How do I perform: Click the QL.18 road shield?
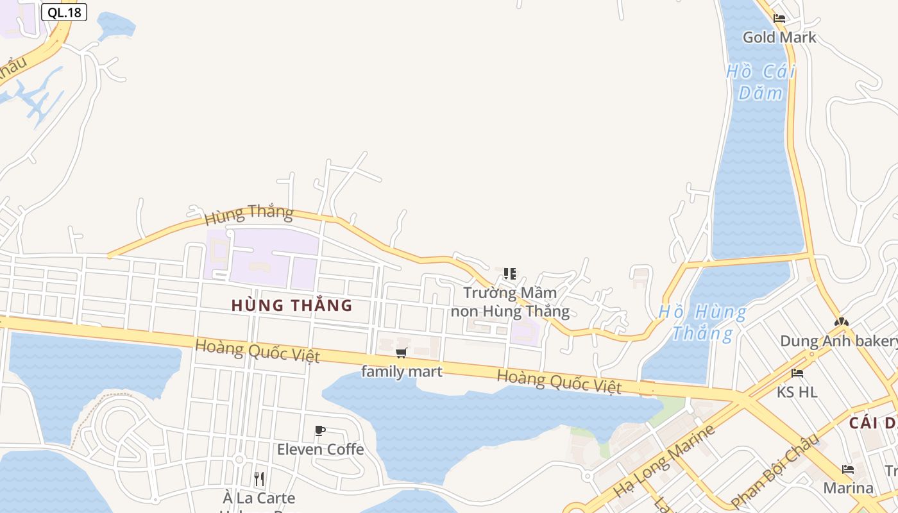pos(64,12)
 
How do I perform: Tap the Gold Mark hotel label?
pos(779,37)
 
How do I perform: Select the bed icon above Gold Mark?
pos(779,19)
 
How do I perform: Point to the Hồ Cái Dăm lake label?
pos(761,81)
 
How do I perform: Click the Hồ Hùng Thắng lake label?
pos(703,323)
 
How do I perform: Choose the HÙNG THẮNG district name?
pos(292,305)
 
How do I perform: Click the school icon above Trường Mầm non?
pos(510,274)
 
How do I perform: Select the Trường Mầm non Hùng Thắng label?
pos(510,302)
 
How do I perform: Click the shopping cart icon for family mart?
pos(402,353)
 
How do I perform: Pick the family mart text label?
pos(402,371)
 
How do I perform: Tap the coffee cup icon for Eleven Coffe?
pos(320,431)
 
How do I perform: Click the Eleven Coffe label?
pos(320,450)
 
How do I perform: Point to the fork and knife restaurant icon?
pos(259,478)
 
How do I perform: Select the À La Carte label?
pos(259,498)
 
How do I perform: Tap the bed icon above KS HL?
pos(797,373)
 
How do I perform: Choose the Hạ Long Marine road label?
pos(665,460)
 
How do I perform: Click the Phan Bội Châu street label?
pos(775,470)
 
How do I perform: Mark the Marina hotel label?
pos(848,488)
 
